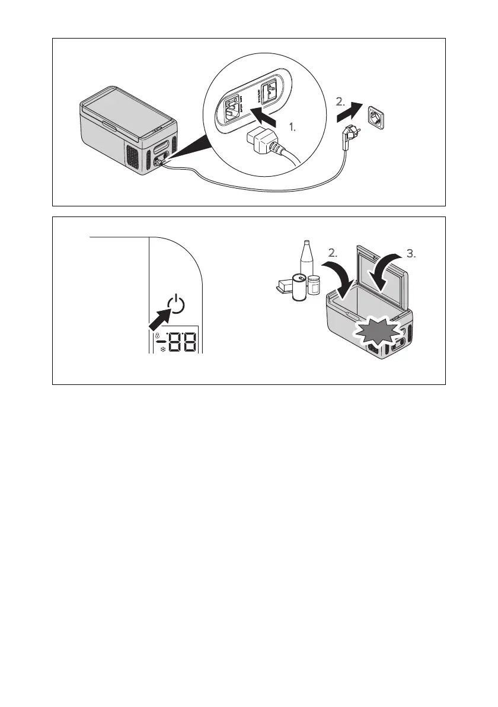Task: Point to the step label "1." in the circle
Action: (x=292, y=128)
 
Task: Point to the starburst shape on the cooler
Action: (x=377, y=333)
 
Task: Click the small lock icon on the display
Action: (x=158, y=335)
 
